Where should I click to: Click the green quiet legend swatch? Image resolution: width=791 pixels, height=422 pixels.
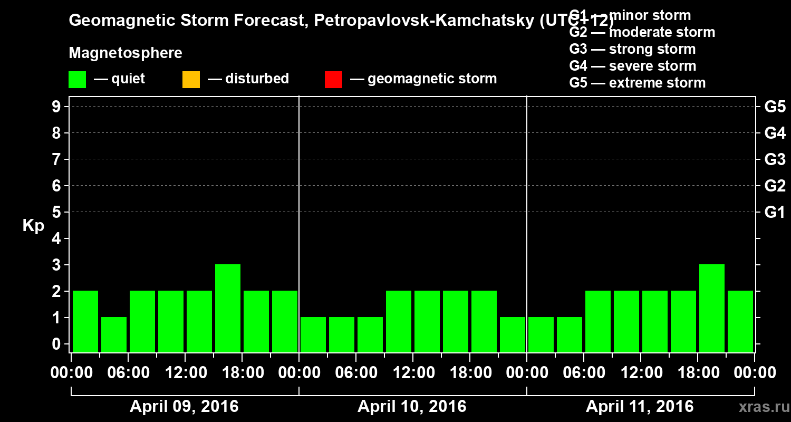click(77, 80)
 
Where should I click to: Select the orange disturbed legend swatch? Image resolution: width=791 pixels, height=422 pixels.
click(191, 80)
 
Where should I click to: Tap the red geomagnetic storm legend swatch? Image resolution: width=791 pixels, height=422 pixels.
click(333, 80)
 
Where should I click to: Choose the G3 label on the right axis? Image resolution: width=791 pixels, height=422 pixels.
click(775, 159)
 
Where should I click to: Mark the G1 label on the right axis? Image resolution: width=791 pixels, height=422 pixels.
click(775, 213)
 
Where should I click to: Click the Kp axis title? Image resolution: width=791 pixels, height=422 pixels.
click(33, 226)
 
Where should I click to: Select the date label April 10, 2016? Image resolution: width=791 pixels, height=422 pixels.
click(412, 407)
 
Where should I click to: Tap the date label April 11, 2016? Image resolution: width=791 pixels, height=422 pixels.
click(640, 407)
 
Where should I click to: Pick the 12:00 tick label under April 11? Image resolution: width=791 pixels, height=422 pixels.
click(640, 372)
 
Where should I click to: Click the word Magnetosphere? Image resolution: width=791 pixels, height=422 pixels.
click(126, 53)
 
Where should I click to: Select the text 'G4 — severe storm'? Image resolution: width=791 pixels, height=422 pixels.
click(633, 66)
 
